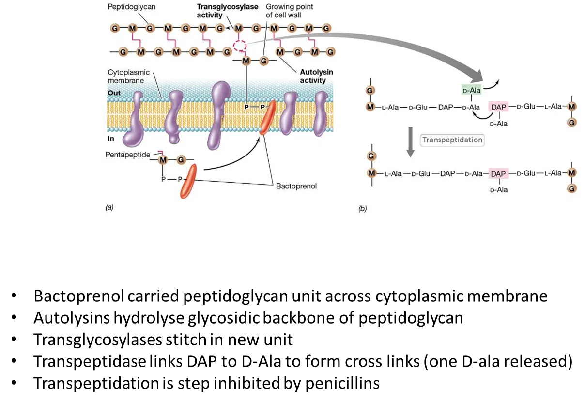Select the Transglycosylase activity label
[227, 11]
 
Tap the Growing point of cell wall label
[289, 11]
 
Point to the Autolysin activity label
[316, 76]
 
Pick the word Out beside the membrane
[114, 93]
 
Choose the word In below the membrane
[111, 139]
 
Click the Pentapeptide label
[127, 154]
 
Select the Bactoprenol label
[296, 186]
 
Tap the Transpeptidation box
[452, 140]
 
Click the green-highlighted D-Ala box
[470, 90]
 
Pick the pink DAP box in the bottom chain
[498, 173]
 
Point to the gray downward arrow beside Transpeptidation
[410, 142]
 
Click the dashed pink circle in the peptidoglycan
[240, 46]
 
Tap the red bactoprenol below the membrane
[188, 181]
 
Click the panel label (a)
[109, 207]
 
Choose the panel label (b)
[362, 209]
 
